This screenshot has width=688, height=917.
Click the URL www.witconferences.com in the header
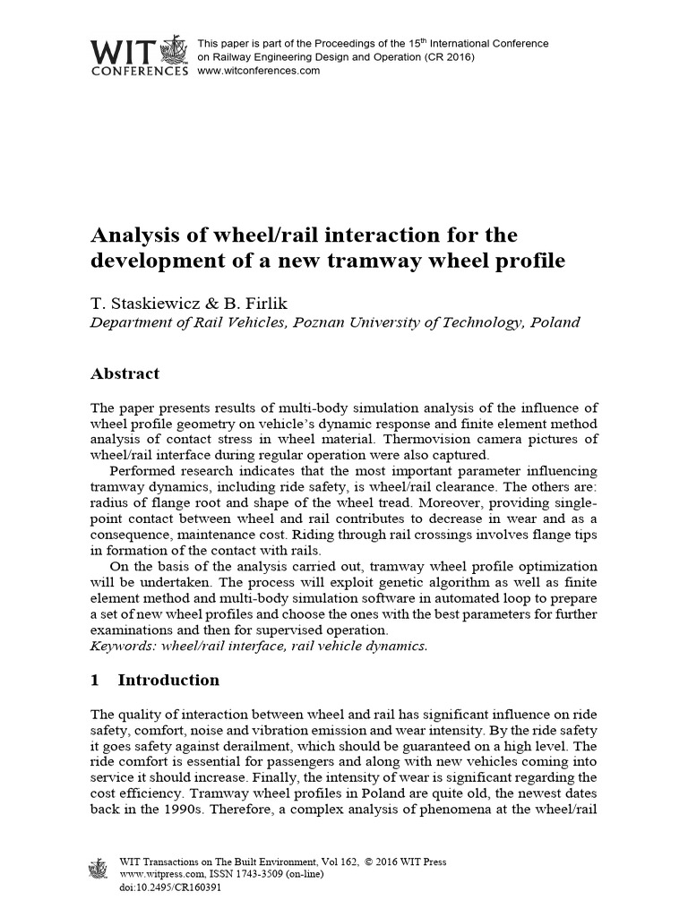(258, 71)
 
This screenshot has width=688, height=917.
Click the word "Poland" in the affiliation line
(555, 321)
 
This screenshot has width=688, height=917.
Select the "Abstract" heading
(125, 373)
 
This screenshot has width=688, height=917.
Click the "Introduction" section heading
(168, 681)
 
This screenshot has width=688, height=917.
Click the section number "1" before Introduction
(96, 681)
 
